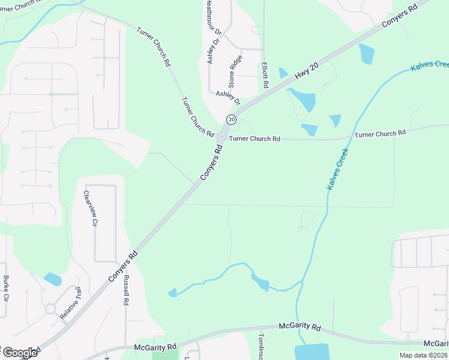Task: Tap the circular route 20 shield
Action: (231, 119)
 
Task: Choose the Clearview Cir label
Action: (90, 208)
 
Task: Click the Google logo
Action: (20, 352)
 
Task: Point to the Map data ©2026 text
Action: (424, 355)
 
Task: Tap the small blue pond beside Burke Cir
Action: (53, 279)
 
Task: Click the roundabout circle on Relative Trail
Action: (50, 309)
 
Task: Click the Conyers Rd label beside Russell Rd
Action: (123, 265)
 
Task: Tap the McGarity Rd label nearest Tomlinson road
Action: (300, 326)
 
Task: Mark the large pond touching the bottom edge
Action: (312, 352)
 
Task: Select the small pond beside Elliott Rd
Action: (283, 73)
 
